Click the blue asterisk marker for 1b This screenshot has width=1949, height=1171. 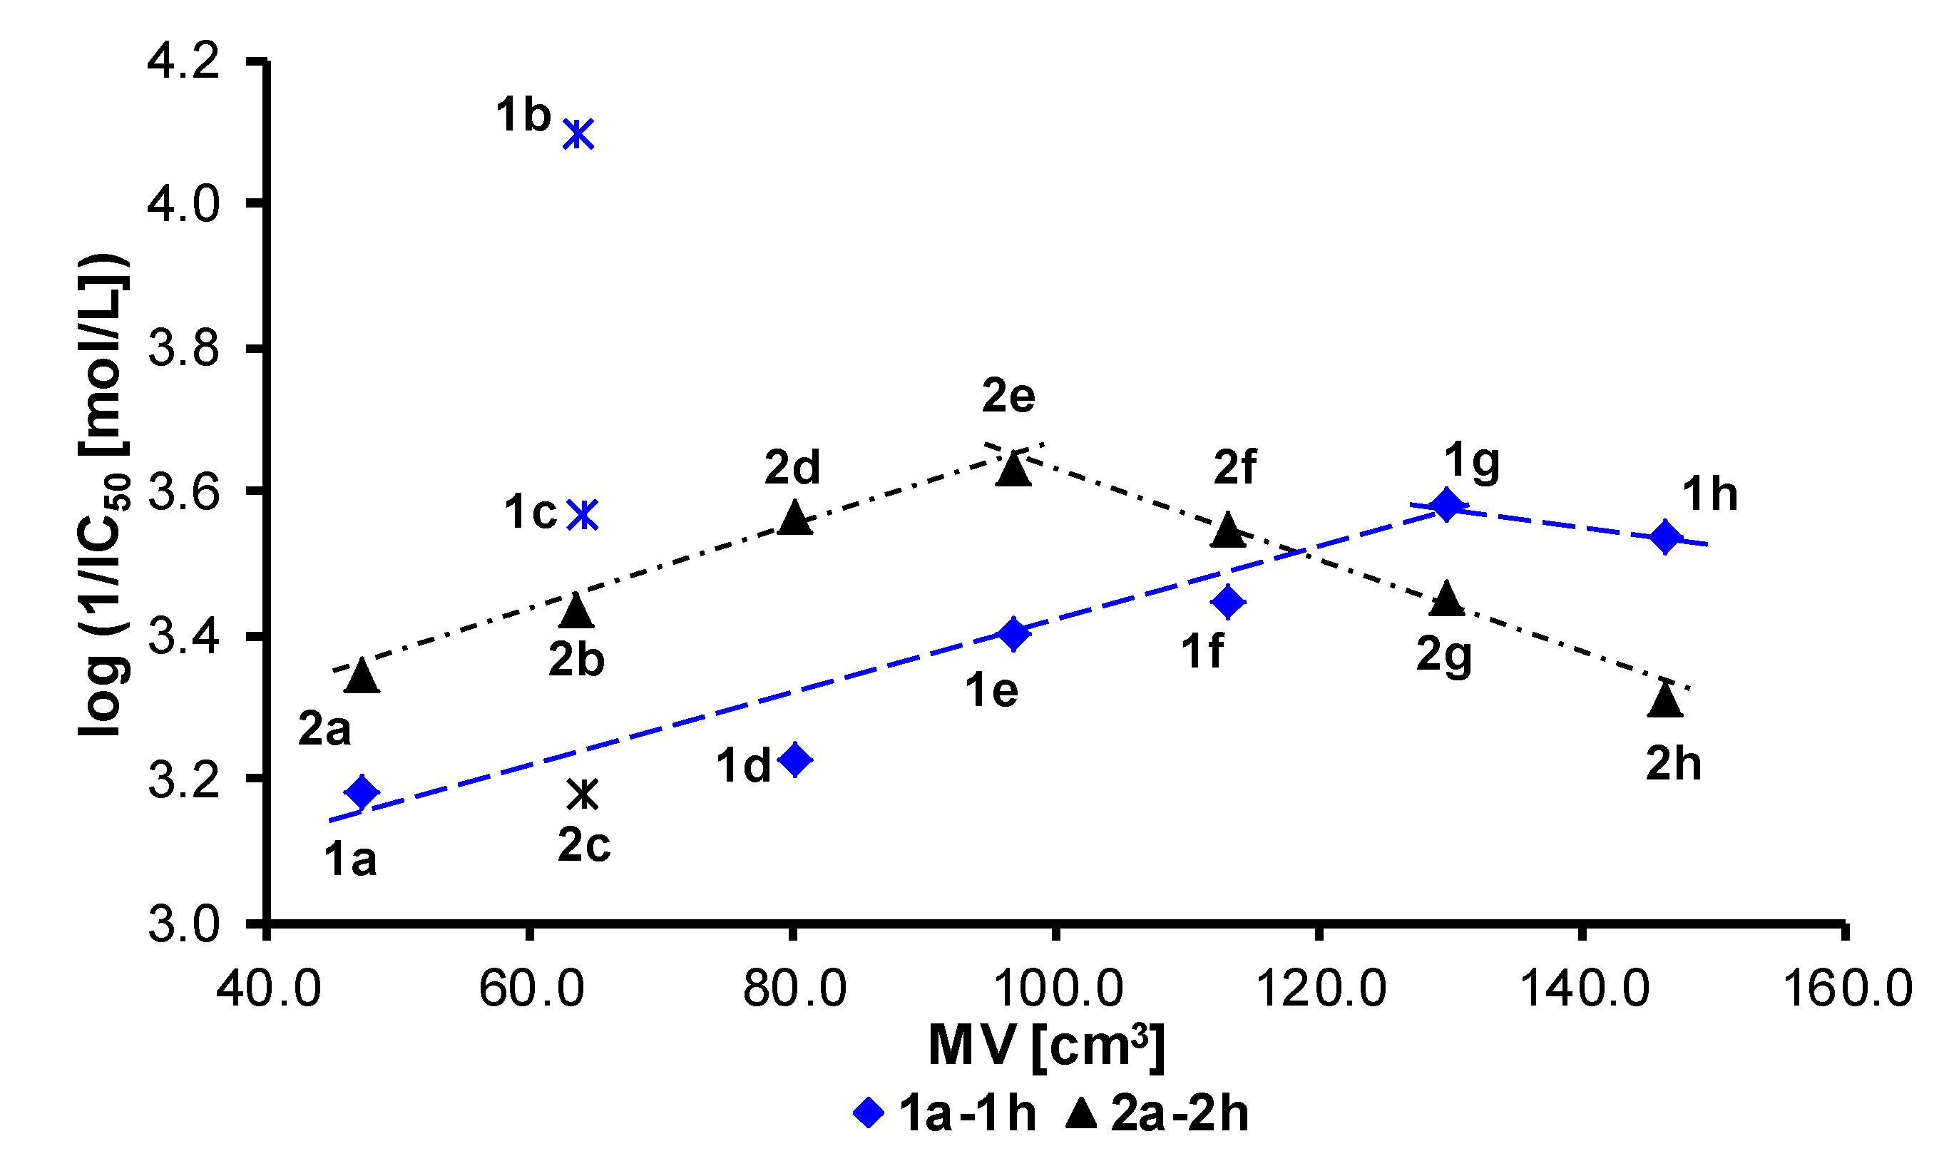[x=578, y=133]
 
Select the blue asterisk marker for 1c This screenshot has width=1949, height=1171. [x=584, y=514]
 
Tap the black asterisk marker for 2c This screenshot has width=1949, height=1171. [x=583, y=794]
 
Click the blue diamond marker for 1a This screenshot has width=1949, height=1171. [x=362, y=791]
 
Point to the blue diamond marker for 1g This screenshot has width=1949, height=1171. [x=1446, y=504]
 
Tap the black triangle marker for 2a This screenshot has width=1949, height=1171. [x=362, y=676]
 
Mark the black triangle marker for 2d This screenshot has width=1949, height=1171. [x=794, y=518]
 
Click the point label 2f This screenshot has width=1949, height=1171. [x=1234, y=467]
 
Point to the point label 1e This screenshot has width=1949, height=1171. [x=991, y=690]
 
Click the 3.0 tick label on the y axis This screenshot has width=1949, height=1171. [x=183, y=924]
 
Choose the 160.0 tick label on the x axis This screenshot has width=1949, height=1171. [x=1847, y=988]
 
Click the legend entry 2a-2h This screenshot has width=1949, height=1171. [x=1157, y=1114]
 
